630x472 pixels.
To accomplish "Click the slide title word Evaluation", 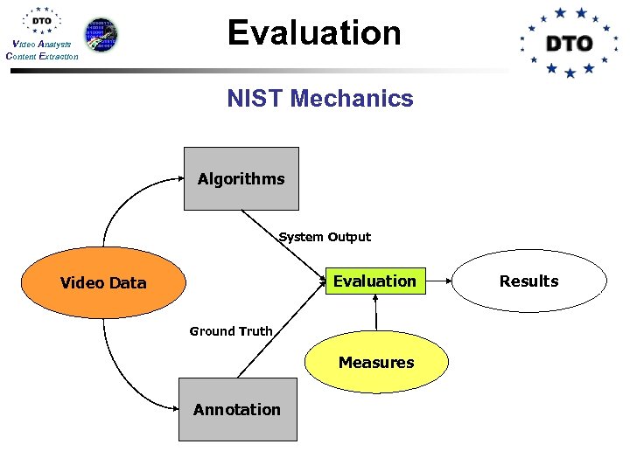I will [x=314, y=33].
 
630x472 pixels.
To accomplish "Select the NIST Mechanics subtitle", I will [x=319, y=99].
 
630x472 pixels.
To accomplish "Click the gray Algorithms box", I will [x=241, y=179].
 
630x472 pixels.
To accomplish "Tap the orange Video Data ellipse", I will [x=103, y=282].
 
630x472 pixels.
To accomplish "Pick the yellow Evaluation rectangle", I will [x=374, y=281].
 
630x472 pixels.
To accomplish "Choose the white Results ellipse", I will [x=528, y=281].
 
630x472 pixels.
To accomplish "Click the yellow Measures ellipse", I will [x=376, y=362].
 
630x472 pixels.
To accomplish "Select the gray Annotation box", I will [x=237, y=409].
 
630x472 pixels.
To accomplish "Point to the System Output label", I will [x=325, y=237].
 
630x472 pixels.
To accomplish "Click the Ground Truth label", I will [x=231, y=331].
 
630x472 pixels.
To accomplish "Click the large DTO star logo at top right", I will [x=569, y=42].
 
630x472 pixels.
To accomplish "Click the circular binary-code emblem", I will [x=101, y=34].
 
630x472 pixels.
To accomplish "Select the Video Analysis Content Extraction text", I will [x=42, y=50].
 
